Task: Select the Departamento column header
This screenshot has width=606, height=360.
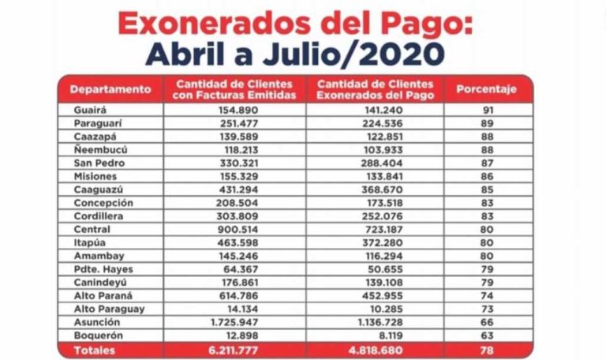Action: [110, 89]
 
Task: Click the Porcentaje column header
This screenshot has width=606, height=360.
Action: [486, 89]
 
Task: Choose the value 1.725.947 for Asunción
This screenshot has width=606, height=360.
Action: [237, 323]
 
